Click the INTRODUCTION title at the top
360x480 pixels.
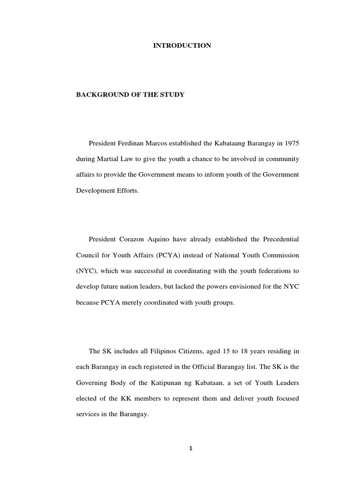pos(182,45)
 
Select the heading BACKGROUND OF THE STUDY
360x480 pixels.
pos(130,95)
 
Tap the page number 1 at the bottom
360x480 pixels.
pos(191,448)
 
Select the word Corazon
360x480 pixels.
pos(136,240)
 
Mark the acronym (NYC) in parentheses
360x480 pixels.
pos(87,271)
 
